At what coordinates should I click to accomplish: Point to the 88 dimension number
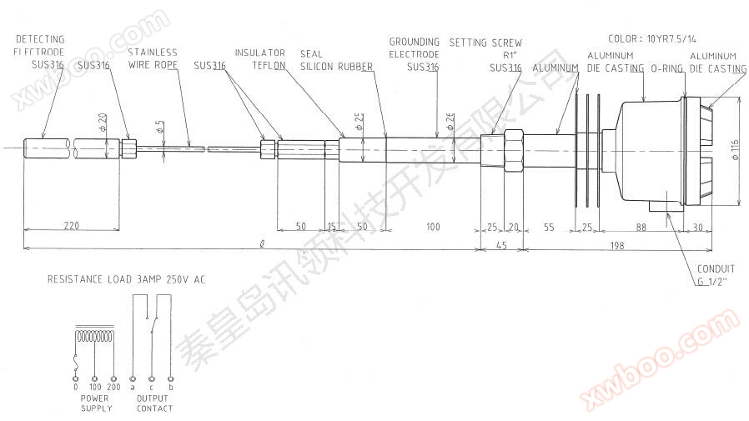(641, 226)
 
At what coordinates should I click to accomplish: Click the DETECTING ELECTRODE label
(40, 45)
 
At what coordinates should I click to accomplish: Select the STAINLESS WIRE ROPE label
(153, 58)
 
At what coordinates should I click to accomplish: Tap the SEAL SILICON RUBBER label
(336, 58)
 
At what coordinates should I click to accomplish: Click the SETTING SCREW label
(485, 42)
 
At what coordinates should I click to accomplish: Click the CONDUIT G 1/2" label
(716, 274)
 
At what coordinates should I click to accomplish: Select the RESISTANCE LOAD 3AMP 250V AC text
(126, 280)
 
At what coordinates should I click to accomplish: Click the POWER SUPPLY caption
(96, 403)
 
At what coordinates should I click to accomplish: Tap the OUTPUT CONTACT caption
(153, 403)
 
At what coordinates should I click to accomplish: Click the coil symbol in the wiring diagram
(93, 338)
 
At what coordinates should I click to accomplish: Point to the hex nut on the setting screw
(511, 150)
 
